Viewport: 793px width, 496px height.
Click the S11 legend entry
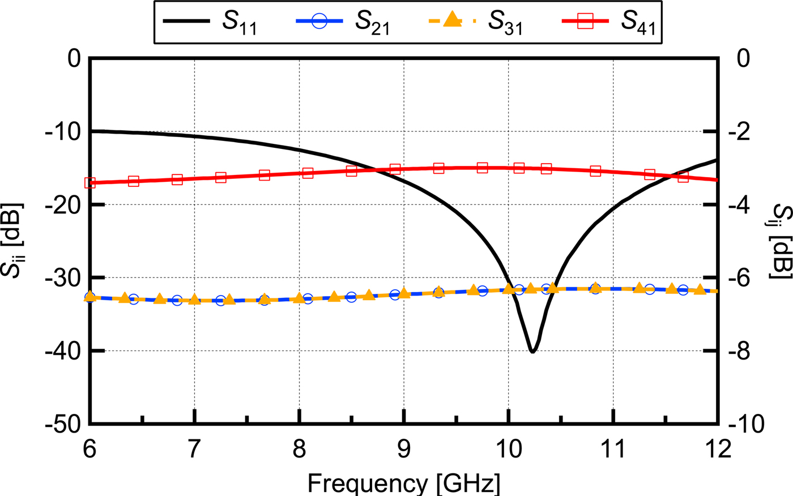click(x=210, y=23)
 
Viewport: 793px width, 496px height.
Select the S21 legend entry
click(x=343, y=23)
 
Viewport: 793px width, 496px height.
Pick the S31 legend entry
click(x=475, y=23)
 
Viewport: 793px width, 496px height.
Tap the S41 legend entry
click(x=609, y=23)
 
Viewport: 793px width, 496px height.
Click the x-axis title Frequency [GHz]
click(x=404, y=484)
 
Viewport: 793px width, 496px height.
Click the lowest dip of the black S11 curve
click(x=532, y=352)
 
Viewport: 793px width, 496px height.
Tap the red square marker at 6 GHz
click(x=90, y=183)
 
